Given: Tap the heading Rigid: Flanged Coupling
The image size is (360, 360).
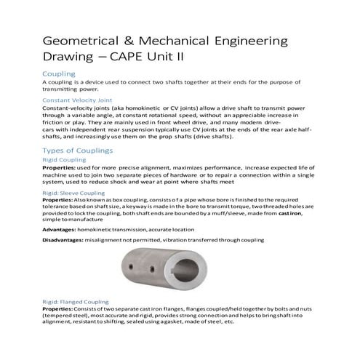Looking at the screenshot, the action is [75, 300].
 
